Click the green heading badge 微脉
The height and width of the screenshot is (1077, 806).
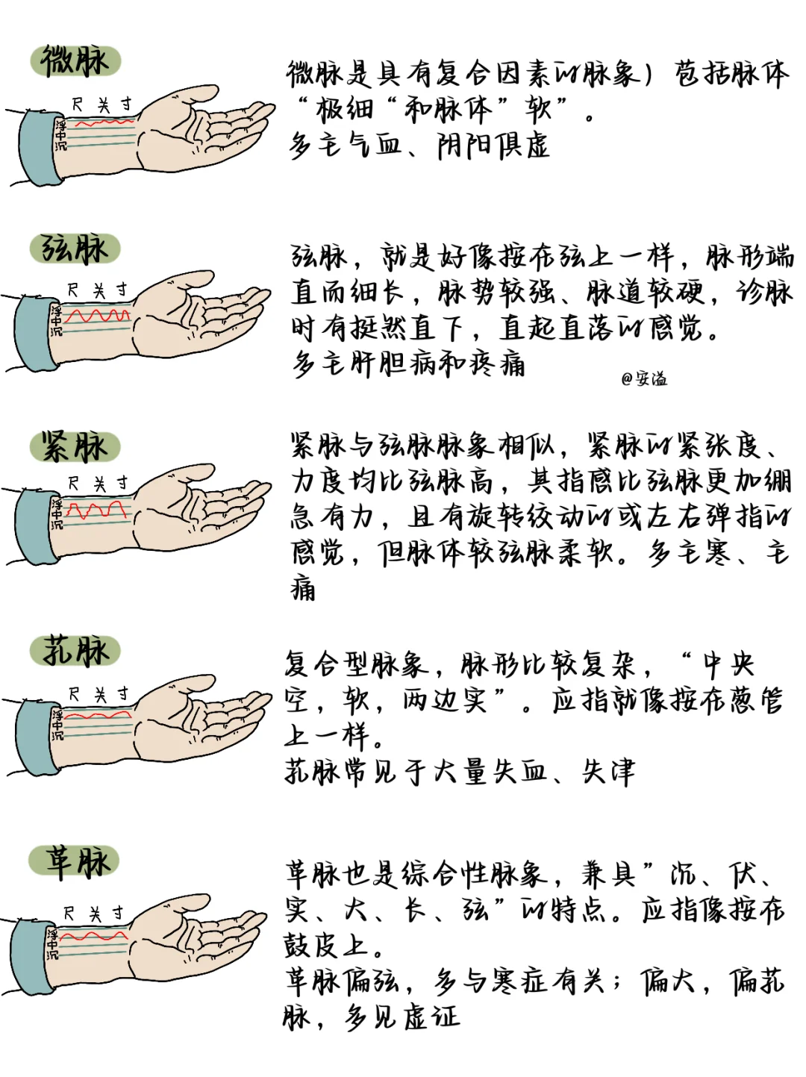click(x=75, y=61)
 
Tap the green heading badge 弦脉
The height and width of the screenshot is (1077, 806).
click(x=75, y=249)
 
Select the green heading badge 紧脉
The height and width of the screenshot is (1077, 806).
click(x=75, y=447)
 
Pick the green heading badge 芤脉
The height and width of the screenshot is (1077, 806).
click(x=75, y=651)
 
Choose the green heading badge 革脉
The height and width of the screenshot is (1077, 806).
click(x=75, y=861)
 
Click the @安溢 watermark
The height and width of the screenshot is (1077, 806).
click(x=644, y=379)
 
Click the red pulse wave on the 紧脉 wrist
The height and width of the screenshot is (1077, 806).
click(x=96, y=510)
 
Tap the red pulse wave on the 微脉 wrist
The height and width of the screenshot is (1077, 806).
click(x=104, y=122)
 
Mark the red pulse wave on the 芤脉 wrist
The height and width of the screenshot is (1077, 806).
click(x=98, y=715)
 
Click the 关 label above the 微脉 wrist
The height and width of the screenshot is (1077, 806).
click(x=103, y=105)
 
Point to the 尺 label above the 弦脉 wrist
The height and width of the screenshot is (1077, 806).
click(x=72, y=290)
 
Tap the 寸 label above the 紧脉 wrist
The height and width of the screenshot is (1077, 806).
click(x=122, y=483)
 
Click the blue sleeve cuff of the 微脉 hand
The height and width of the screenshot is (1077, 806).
click(x=40, y=149)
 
